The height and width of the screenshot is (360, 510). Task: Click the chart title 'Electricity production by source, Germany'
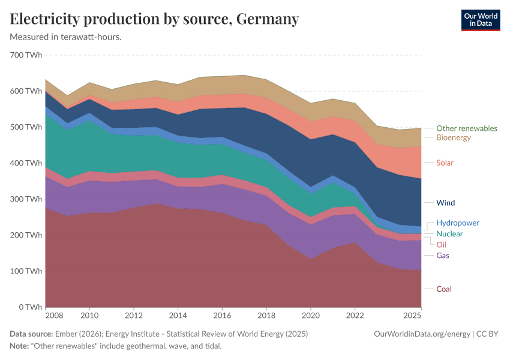[x=154, y=19]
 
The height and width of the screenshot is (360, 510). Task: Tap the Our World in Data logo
[x=480, y=20]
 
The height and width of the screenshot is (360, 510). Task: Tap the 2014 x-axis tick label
[x=178, y=315]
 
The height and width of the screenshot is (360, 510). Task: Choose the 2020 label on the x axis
[x=311, y=315]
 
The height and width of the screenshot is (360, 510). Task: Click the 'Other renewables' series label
[x=466, y=128]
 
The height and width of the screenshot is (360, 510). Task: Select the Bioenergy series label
[x=453, y=138]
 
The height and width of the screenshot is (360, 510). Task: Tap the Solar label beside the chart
[x=445, y=163]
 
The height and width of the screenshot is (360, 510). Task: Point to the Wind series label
[x=445, y=203]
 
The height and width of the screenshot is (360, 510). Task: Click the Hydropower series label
[x=457, y=223]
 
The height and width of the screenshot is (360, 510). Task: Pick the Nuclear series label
[x=449, y=233]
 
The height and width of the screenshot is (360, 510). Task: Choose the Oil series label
[x=441, y=245]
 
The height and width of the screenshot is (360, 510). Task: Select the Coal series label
[x=443, y=289]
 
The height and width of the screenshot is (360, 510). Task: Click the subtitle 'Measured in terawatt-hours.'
[x=66, y=37]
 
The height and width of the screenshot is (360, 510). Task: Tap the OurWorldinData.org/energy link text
[x=422, y=334]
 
